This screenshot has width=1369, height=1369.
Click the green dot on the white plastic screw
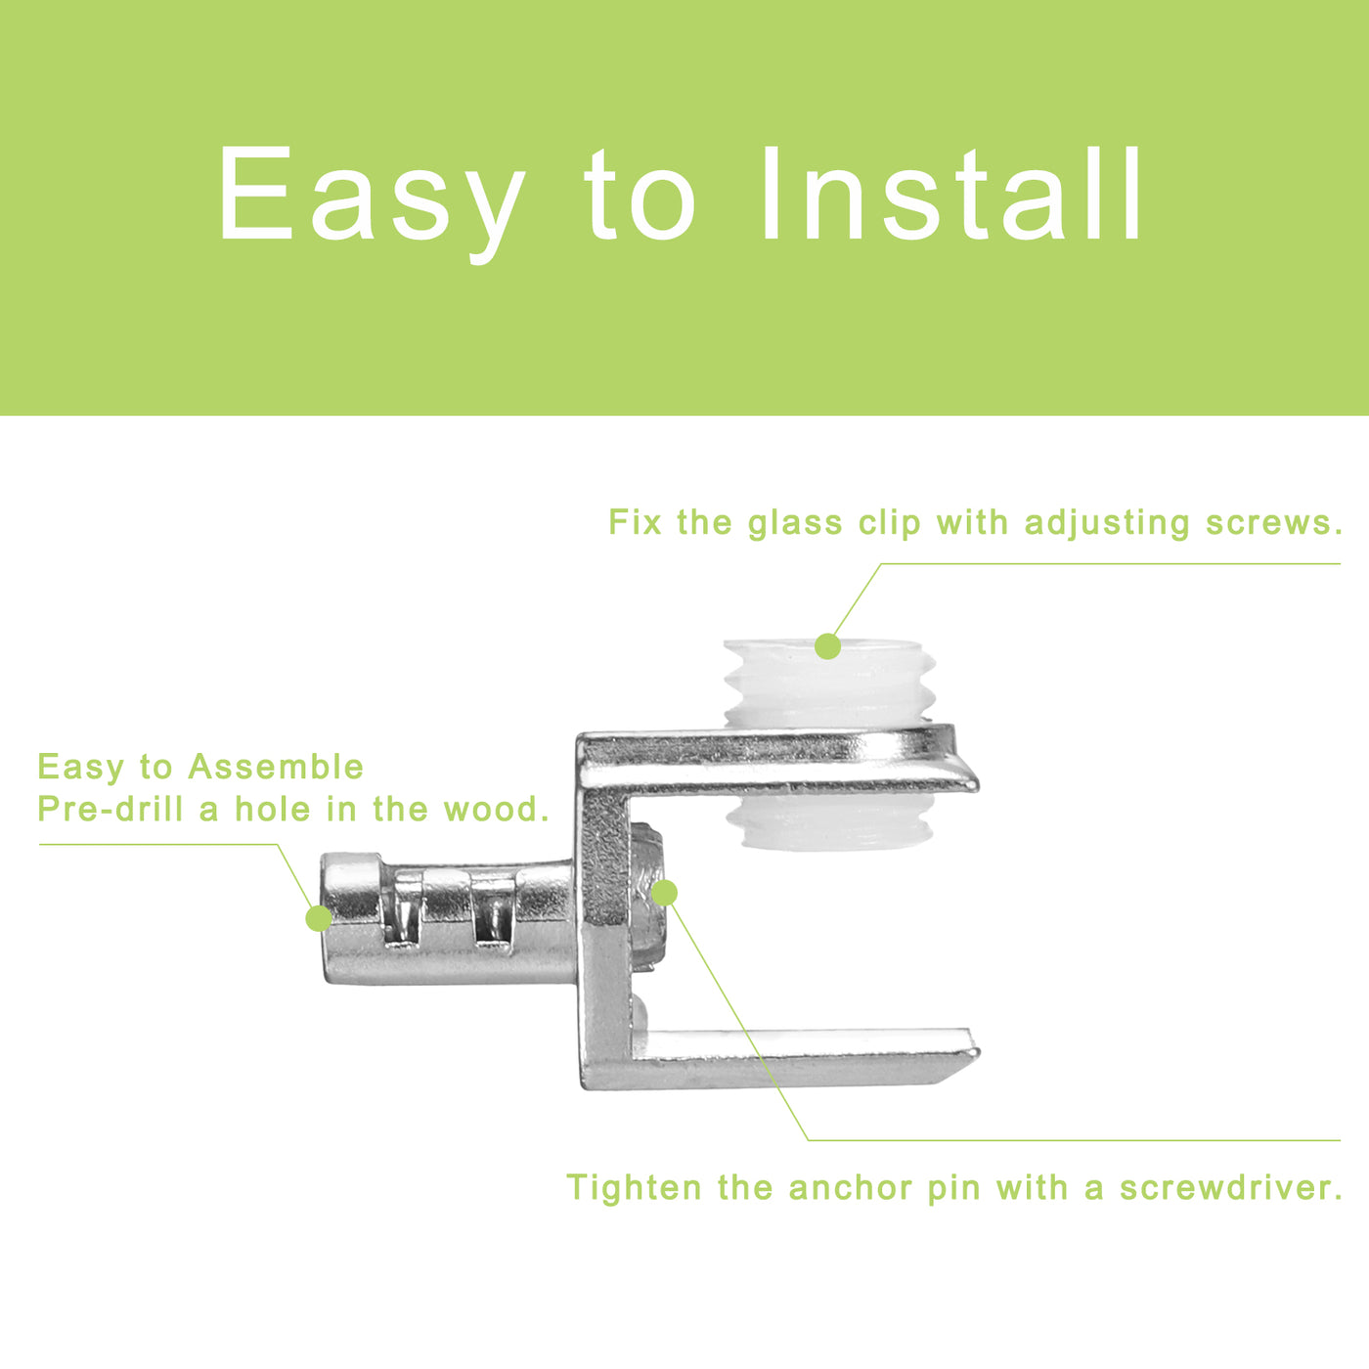827,646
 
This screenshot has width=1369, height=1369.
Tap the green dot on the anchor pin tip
319,918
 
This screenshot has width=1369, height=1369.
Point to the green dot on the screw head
664,893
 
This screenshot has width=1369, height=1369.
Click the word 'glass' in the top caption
794,523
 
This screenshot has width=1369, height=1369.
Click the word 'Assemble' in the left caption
276,767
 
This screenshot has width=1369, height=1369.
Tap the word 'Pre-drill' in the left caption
110,810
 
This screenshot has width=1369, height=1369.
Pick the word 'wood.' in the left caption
497,810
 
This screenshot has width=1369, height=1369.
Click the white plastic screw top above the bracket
825,682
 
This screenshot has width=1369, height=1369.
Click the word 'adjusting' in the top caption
1107,523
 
